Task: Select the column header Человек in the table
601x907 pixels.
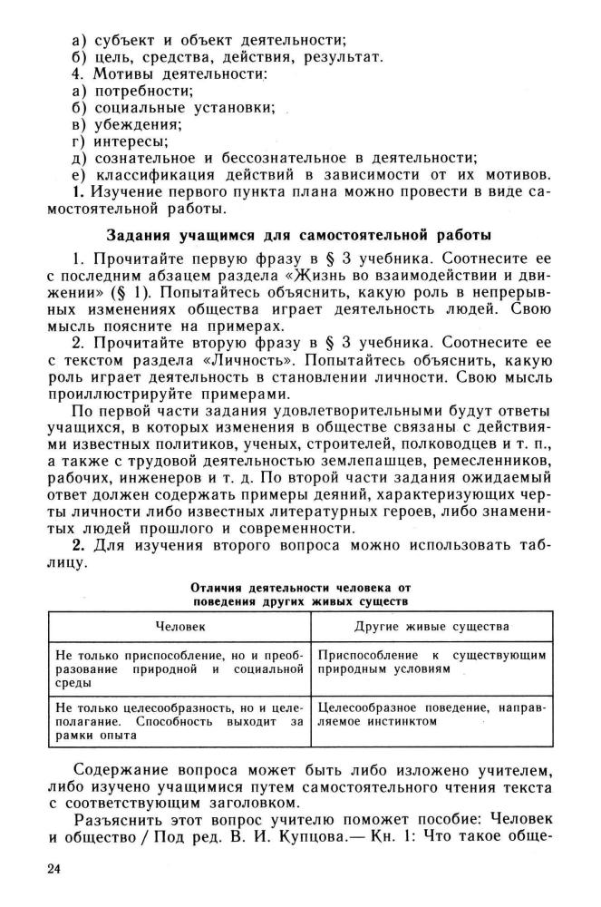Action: tap(180, 626)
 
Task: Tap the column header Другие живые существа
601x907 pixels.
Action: tap(431, 626)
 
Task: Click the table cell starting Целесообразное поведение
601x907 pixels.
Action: tap(431, 714)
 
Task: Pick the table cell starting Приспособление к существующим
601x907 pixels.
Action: tap(431, 661)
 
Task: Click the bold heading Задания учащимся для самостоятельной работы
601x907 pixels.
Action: tap(300, 237)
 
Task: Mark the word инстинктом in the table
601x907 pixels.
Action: tap(405, 722)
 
